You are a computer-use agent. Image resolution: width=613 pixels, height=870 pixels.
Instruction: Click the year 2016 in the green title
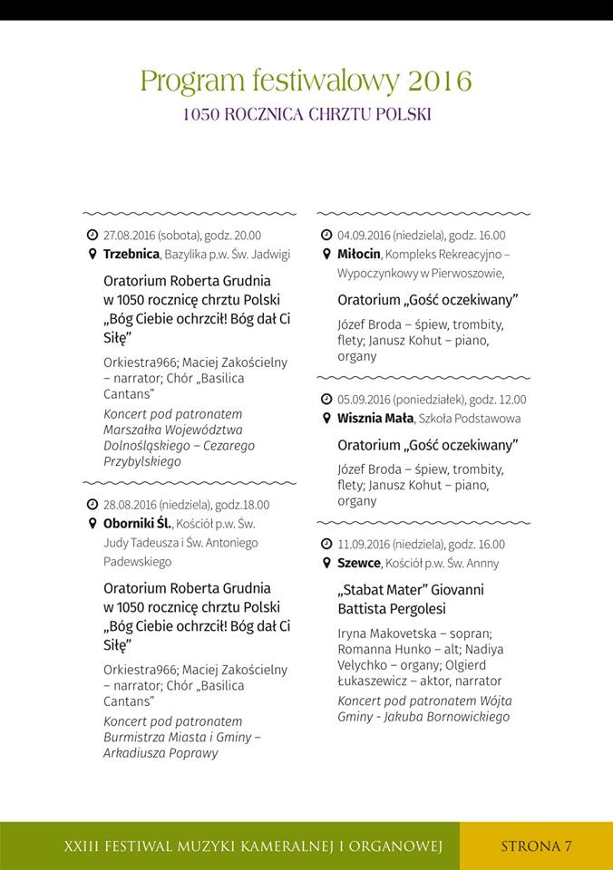coord(440,82)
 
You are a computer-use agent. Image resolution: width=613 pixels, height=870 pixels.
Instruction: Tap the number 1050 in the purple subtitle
coord(198,115)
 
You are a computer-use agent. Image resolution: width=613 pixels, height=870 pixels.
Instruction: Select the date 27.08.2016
coord(132,235)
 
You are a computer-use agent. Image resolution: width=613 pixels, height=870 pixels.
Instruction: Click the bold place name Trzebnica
coord(131,254)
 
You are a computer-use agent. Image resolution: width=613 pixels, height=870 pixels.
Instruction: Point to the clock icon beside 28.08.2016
coord(92,504)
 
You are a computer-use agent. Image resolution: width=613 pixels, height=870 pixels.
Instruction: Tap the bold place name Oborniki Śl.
coord(137,524)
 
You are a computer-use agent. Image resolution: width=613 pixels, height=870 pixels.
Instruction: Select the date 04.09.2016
coord(366,235)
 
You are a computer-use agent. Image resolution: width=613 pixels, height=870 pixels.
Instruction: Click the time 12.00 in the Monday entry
coord(511,400)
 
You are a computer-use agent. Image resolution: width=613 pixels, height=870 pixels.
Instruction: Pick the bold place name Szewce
coord(358,563)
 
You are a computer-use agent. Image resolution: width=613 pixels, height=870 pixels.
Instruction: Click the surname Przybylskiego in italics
coord(142,461)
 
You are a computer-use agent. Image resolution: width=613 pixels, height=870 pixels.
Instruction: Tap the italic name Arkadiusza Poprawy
coord(161,752)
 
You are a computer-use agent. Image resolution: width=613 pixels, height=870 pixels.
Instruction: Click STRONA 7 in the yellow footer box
coord(536,846)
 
